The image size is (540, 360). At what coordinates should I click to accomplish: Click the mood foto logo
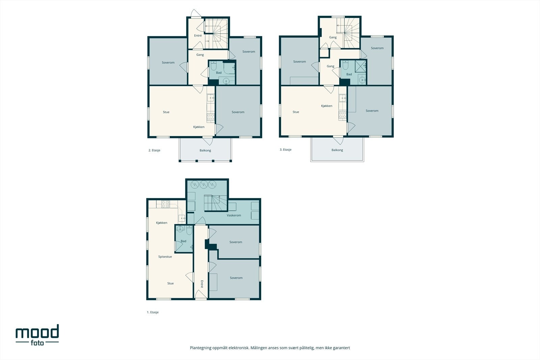coord(37,335)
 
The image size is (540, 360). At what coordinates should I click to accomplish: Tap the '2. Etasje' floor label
coord(154,150)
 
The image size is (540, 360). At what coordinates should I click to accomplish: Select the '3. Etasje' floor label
coord(286,150)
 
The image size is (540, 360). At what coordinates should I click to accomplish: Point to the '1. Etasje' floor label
coord(153,312)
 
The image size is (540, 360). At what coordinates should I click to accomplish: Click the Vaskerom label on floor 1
coord(234,215)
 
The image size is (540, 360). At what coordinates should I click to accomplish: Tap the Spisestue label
coord(165,257)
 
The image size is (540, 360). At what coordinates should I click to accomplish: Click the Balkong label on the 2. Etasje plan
coord(205,150)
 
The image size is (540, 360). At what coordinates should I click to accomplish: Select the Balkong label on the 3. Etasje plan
coord(337,150)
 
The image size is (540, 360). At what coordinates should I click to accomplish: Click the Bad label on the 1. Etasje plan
coord(184,241)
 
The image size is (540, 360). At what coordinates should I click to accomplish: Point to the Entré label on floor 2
coord(198,36)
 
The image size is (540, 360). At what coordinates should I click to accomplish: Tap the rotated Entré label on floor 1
coord(202,284)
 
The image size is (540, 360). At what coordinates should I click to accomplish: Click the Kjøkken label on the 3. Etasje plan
coord(327,106)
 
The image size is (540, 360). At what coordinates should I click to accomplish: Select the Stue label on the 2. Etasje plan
coord(166,112)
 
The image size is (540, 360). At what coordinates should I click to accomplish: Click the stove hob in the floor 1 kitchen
coord(165,203)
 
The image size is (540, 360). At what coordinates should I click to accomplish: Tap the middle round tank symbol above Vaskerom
coord(204,185)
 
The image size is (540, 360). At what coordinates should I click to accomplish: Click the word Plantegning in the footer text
coord(201,348)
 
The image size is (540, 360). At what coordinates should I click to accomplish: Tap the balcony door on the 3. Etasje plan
coord(338,140)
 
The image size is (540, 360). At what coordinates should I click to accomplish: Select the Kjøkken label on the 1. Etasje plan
coord(162,223)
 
